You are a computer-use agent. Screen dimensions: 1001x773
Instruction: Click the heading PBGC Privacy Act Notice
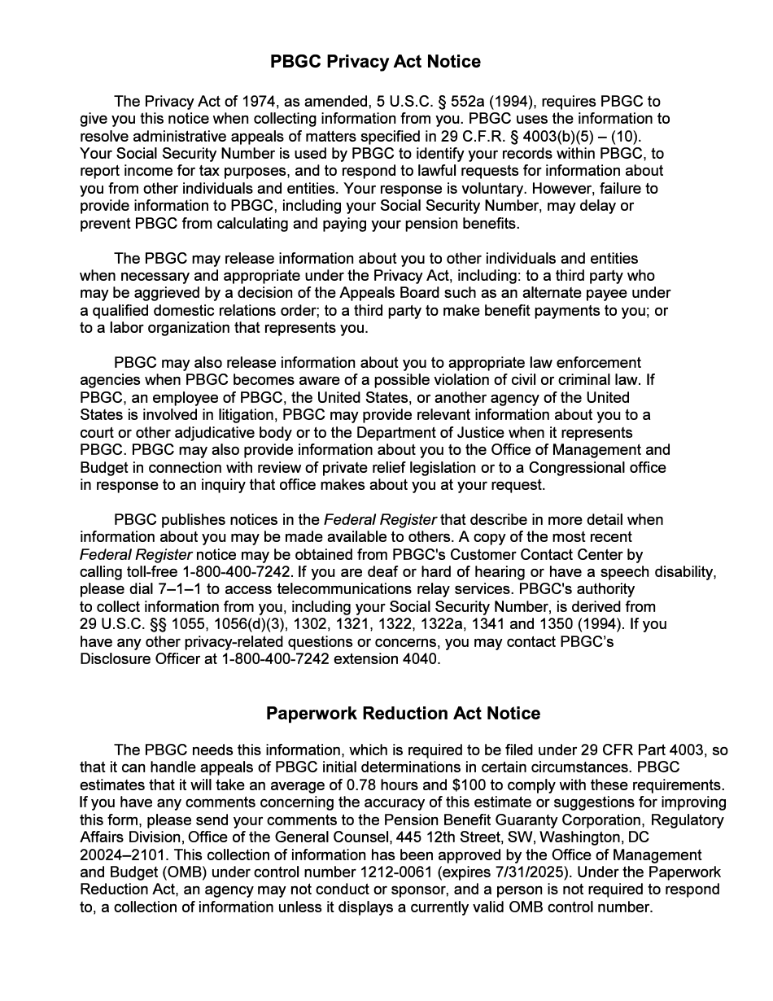tap(375, 62)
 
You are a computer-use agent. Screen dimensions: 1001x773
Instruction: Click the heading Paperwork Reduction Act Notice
tap(403, 714)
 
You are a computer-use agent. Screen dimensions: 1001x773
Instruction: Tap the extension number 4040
tap(421, 659)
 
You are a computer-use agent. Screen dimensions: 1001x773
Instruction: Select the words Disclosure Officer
tap(136, 659)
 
